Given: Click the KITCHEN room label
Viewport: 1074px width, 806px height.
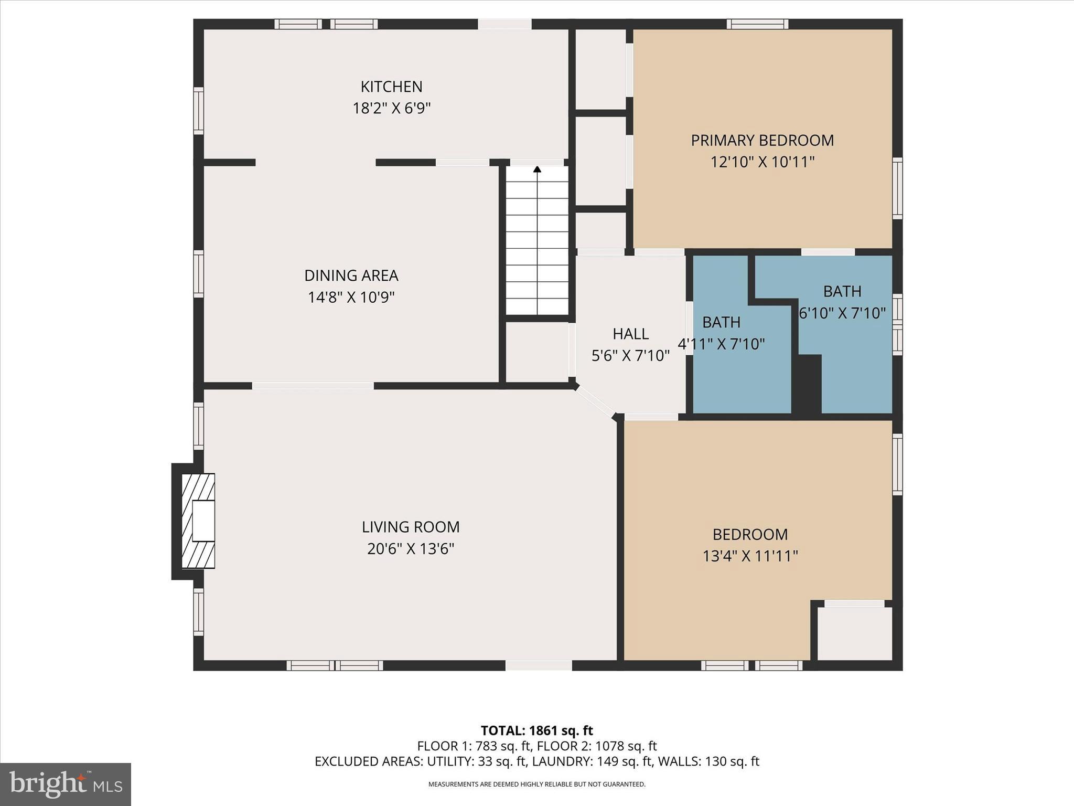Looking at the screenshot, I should pos(391,87).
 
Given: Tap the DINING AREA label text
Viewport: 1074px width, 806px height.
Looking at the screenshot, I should pos(351,275).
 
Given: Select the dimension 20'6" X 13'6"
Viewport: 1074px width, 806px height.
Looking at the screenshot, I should pos(411,549).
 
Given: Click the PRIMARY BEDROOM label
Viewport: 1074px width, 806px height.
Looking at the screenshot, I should pos(762,141).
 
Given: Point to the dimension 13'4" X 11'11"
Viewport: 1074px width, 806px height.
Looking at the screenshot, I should pos(750,556).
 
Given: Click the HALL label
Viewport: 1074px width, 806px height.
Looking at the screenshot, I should pos(630,334).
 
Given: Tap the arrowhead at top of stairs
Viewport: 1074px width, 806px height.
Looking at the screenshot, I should pos(537,169).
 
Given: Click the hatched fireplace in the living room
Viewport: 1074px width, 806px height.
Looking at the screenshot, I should pos(198,521).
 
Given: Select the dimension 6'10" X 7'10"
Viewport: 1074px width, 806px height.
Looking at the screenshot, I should pos(842,313).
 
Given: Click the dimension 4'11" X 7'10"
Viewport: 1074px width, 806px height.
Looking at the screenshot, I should pos(722,344).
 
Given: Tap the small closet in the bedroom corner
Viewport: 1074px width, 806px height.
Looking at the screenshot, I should pos(854,633).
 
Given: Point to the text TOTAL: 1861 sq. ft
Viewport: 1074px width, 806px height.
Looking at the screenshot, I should pos(536,730).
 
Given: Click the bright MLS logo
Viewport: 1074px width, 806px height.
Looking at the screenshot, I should pos(66,784).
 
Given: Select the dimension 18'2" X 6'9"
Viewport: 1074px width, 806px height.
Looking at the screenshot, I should pos(391,109).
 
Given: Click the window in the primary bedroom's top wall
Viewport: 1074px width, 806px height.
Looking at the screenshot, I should pos(757,24).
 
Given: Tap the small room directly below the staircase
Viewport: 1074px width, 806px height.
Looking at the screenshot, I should pos(536,352).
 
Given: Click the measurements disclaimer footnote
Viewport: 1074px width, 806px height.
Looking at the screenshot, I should pos(536,784).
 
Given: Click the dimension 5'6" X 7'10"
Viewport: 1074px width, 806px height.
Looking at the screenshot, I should pos(630,356).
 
